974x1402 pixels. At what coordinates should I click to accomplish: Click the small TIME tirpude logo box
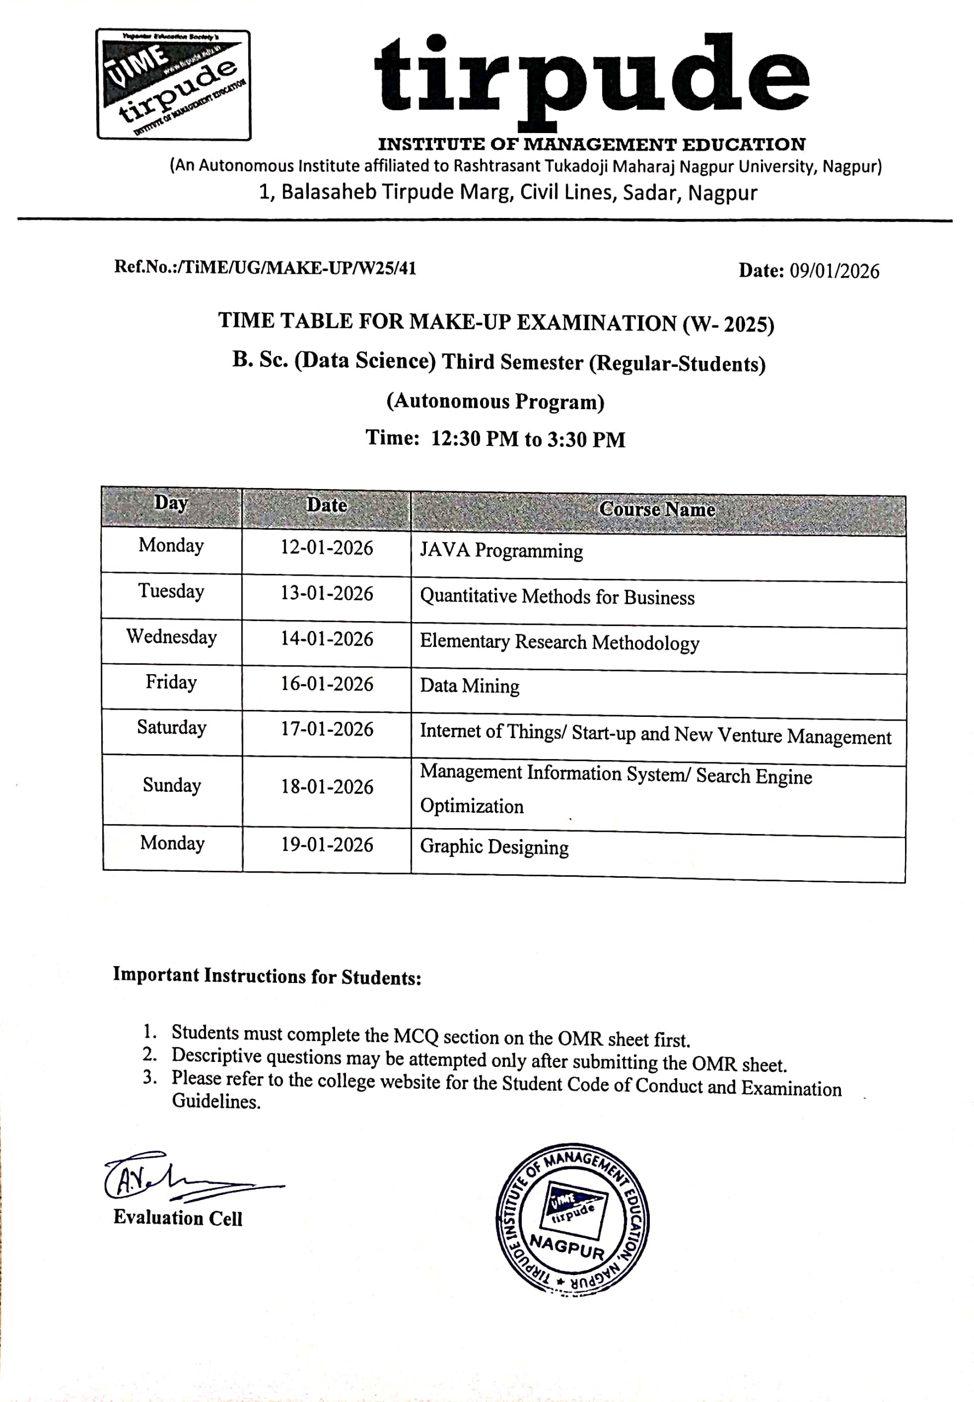coord(174,85)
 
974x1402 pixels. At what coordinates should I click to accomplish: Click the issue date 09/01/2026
coord(834,271)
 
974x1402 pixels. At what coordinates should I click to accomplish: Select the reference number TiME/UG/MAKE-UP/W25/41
coord(297,268)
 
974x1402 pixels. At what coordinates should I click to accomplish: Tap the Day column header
coord(171,503)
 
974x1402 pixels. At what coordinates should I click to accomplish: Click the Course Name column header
coord(656,509)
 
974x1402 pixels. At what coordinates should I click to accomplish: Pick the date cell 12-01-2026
coord(326,548)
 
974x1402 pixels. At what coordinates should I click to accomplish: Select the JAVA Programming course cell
coord(501,550)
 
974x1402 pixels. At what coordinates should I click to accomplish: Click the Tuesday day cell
coord(171,591)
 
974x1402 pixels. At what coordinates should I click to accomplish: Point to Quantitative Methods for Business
coord(557,596)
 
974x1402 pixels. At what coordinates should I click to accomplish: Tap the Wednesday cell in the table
coord(171,636)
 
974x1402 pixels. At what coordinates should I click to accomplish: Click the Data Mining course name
coord(469,686)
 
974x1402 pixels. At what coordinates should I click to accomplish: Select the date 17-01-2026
coord(326,729)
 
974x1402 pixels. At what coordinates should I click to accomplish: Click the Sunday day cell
coord(171,785)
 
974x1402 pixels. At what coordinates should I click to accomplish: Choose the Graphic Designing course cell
coord(494,847)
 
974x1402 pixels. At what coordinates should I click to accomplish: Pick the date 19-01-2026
coord(326,844)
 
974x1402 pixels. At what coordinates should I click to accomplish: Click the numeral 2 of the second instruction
coord(149,1054)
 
